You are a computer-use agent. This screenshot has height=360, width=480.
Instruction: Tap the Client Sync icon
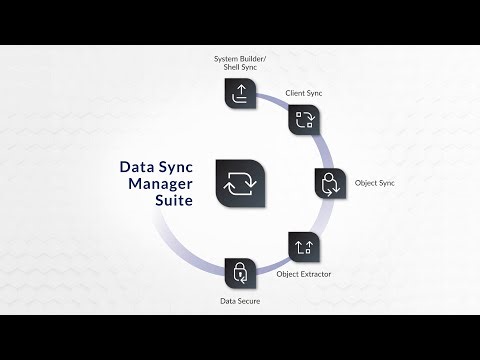coord(303,120)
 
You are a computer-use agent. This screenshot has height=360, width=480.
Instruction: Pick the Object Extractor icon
coord(303,246)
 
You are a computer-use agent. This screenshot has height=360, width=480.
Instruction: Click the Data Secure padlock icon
coord(239,272)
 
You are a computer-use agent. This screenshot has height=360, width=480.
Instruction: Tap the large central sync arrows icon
coord(239,184)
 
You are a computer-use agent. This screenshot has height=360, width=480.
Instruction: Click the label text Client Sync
coord(304,93)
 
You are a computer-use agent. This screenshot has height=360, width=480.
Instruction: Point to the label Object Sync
coord(376,184)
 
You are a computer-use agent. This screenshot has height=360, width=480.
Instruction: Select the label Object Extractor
coord(303,273)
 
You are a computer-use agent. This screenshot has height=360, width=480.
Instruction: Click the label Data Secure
coord(240,300)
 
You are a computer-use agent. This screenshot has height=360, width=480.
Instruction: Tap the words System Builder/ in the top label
coord(240,58)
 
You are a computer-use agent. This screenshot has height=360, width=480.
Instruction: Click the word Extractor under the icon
coord(315,273)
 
